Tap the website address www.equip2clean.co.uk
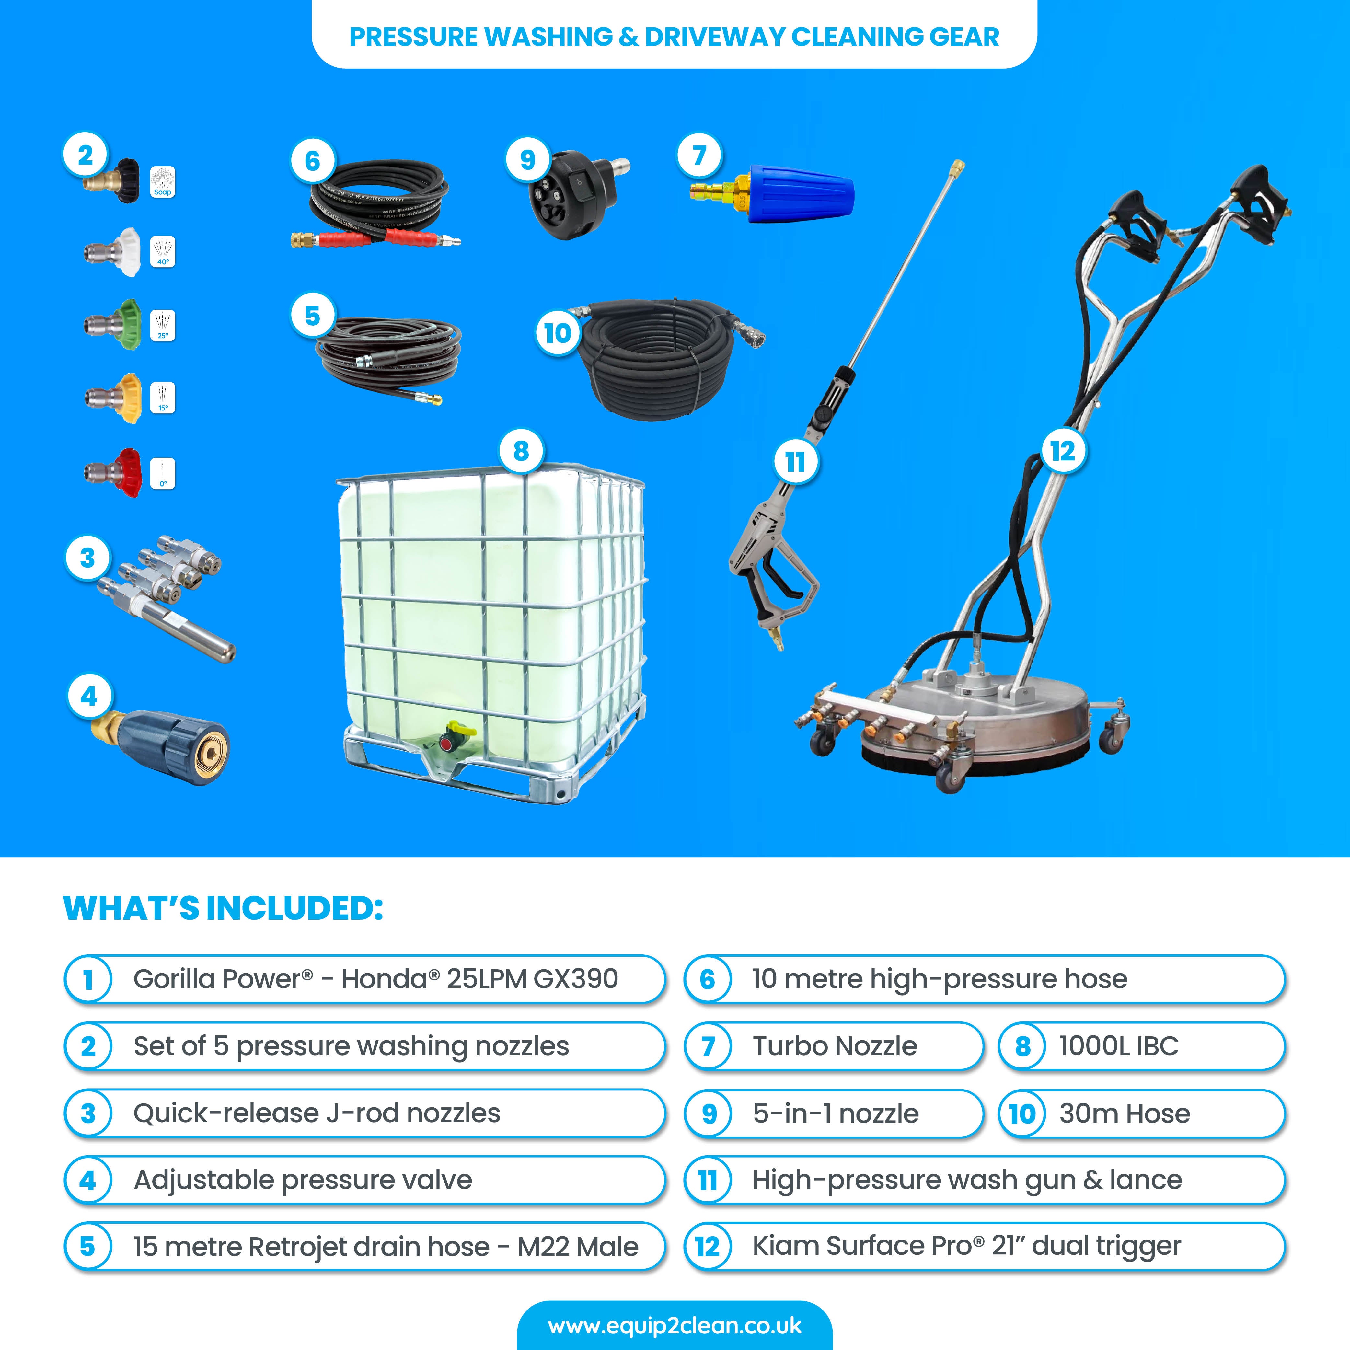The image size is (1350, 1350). pos(674,1326)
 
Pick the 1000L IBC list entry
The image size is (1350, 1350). pos(1118,1046)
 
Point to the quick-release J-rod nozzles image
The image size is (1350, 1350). pos(164,594)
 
